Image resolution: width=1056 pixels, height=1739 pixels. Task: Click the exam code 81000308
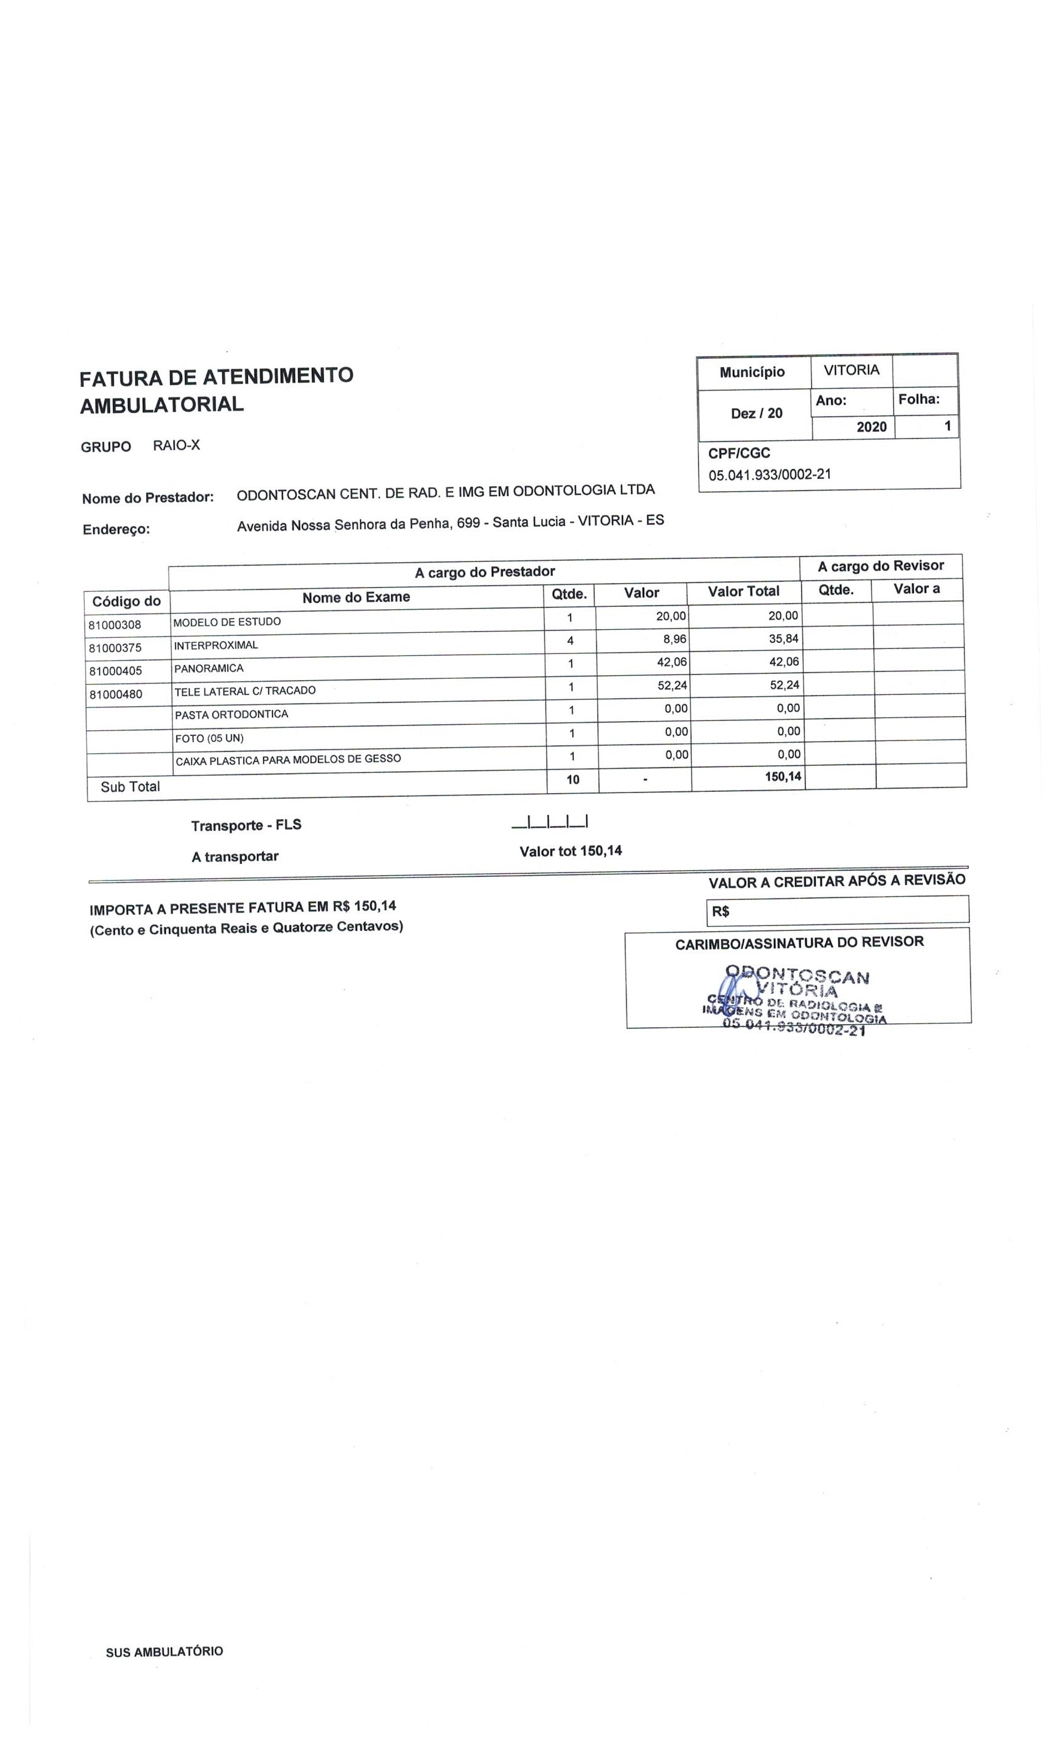pyautogui.click(x=115, y=625)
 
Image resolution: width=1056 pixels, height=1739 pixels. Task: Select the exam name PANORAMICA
pyautogui.click(x=208, y=668)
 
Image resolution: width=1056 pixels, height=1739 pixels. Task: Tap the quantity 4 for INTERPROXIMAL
pyautogui.click(x=570, y=640)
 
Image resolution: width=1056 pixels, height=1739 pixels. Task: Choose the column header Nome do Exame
pyautogui.click(x=356, y=597)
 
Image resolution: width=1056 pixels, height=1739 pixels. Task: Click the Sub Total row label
pyautogui.click(x=130, y=786)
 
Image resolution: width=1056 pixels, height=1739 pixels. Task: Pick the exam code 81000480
pyautogui.click(x=116, y=694)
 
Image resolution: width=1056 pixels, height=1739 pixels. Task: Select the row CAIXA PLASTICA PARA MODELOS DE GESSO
pyautogui.click(x=288, y=760)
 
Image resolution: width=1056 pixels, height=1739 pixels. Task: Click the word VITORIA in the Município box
pyautogui.click(x=851, y=370)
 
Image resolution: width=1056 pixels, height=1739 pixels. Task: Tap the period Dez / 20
pyautogui.click(x=756, y=413)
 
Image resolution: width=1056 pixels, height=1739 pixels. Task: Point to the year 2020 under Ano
pyautogui.click(x=871, y=426)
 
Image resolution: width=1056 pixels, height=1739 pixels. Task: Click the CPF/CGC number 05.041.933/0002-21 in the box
pyautogui.click(x=770, y=474)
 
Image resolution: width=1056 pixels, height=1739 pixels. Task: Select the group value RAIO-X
pyautogui.click(x=176, y=445)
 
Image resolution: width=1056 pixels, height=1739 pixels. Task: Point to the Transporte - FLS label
pyautogui.click(x=245, y=824)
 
